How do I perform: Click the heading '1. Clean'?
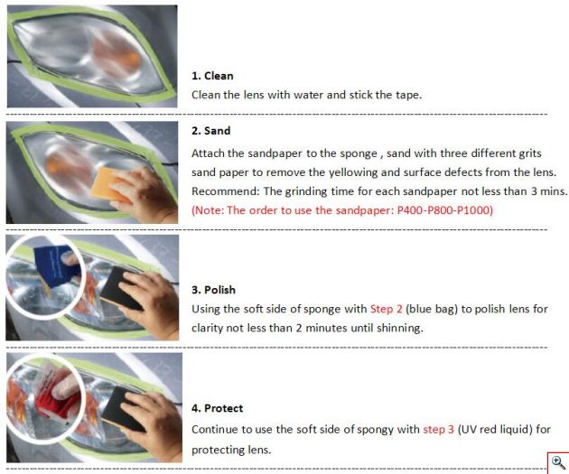click(212, 76)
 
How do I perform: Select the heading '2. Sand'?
click(210, 131)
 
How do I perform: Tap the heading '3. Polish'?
click(213, 290)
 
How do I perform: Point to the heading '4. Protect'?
click(217, 408)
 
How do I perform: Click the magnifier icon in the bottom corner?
click(558, 463)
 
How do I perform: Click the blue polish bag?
click(55, 265)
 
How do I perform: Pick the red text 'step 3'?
click(438, 430)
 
